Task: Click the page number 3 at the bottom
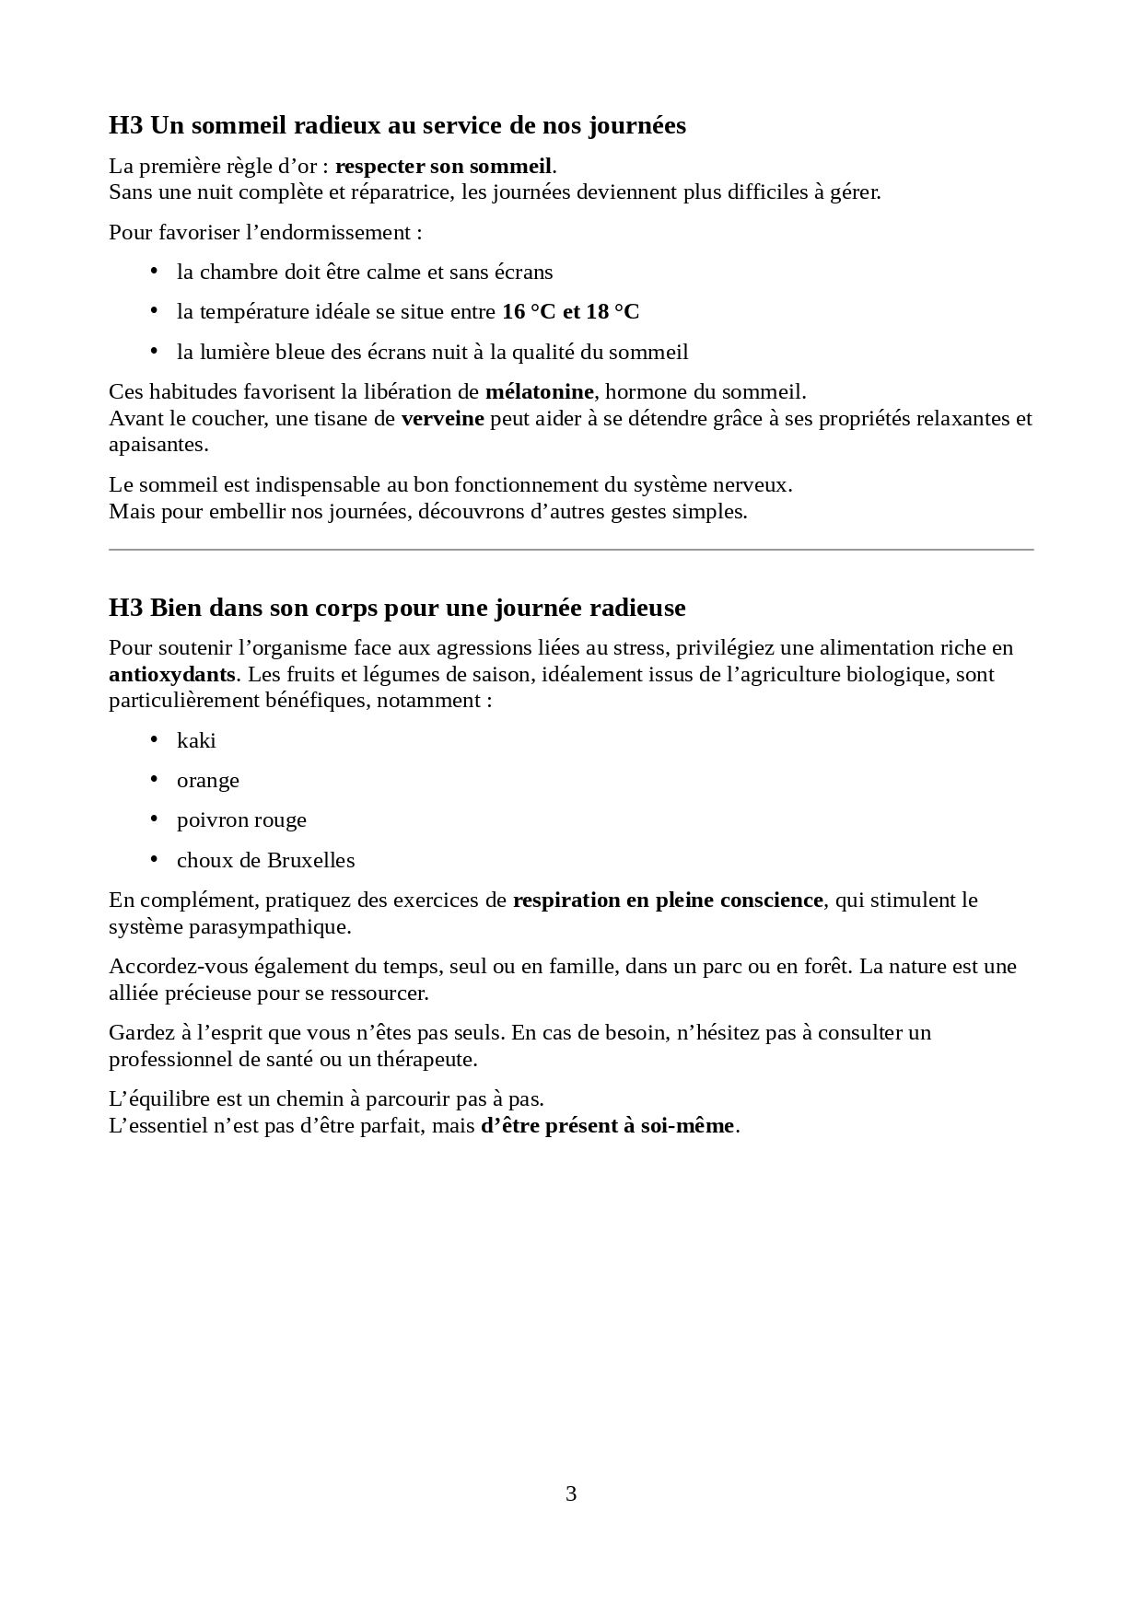571,1493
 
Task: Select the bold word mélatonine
539,391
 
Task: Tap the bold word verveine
442,418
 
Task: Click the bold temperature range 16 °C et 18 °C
570,311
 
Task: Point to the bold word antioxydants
172,674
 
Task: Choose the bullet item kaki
196,740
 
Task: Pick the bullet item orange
208,780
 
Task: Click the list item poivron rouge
241,819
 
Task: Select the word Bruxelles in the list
310,860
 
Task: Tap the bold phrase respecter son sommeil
443,167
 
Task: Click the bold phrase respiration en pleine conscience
668,900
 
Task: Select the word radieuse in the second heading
636,609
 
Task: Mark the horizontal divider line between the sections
571,550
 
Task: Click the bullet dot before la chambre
154,272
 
